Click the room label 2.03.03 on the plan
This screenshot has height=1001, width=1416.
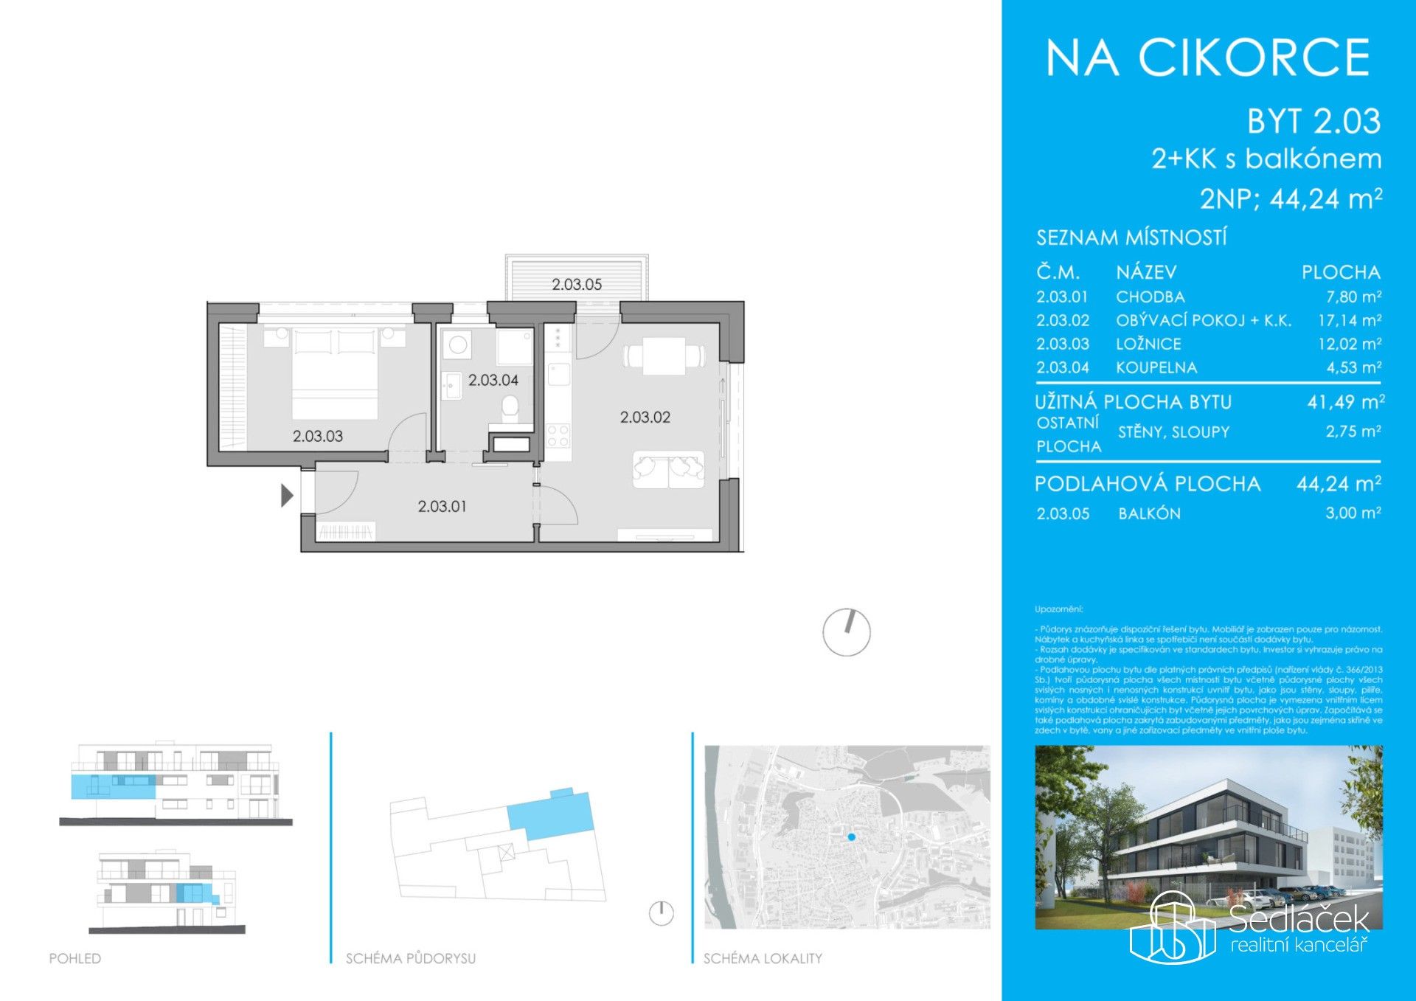[x=318, y=436]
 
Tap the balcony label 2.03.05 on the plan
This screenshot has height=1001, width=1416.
[x=577, y=284]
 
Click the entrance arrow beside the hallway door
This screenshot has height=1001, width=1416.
[x=287, y=495]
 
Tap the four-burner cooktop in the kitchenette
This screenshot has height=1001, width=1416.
[x=558, y=436]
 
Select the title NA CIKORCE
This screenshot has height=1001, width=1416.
[x=1208, y=58]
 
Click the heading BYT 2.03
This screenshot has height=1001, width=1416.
[x=1313, y=122]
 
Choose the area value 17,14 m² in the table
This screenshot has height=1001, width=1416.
[x=1350, y=321]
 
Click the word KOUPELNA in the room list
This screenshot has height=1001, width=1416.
[x=1156, y=367]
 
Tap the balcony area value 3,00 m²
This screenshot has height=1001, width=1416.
[x=1353, y=513]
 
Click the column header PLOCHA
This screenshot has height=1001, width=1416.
[x=1340, y=272]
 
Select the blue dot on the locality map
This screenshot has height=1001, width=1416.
[x=852, y=837]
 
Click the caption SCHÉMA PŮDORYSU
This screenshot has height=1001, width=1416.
[x=411, y=958]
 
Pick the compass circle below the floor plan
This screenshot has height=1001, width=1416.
[x=847, y=632]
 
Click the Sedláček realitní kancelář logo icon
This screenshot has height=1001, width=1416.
[x=1173, y=927]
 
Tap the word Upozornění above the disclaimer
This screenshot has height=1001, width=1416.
[x=1058, y=609]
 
